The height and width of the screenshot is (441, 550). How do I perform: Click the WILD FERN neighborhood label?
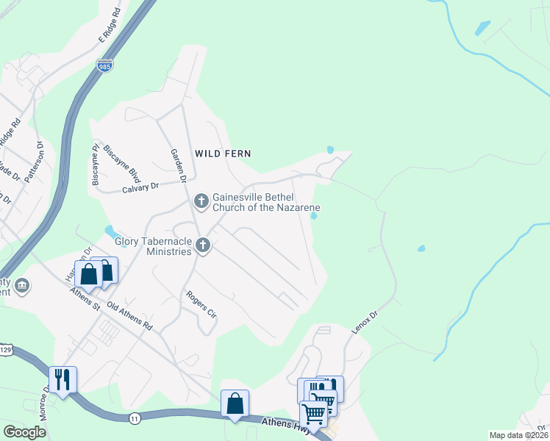click(223, 154)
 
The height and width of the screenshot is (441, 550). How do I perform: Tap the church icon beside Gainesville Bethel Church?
click(201, 201)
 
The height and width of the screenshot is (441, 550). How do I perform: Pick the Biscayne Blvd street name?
click(112, 159)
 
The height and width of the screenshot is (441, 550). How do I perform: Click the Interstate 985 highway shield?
click(104, 66)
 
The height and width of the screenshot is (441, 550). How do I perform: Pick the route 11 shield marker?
click(135, 417)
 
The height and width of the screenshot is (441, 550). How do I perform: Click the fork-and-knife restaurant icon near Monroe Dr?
click(63, 379)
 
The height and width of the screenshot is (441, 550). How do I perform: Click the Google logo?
click(25, 432)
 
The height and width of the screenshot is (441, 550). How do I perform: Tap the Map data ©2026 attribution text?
click(518, 435)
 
